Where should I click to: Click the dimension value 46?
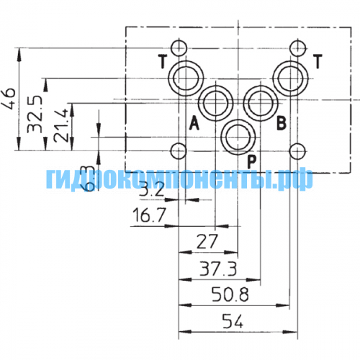coord(9,99)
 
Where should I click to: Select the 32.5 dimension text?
coord(35,114)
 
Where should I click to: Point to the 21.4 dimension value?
coord(60,125)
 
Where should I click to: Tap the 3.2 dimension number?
coord(152,189)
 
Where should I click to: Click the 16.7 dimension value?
coord(149,215)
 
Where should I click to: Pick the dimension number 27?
coord(207,241)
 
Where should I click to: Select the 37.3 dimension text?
coord(218,269)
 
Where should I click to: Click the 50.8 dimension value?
coord(230,294)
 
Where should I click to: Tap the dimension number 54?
coord(233,321)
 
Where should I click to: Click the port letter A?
coord(194,123)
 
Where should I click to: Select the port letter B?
coord(282,123)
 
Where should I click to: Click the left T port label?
coord(163,61)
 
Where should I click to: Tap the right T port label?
coord(318,61)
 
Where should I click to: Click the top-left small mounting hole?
coord(179,48)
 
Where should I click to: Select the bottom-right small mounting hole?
coord(297,151)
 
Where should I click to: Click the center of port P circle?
coord(238,137)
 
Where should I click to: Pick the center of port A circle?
coord(216,103)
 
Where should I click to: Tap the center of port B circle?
coord(261,103)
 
